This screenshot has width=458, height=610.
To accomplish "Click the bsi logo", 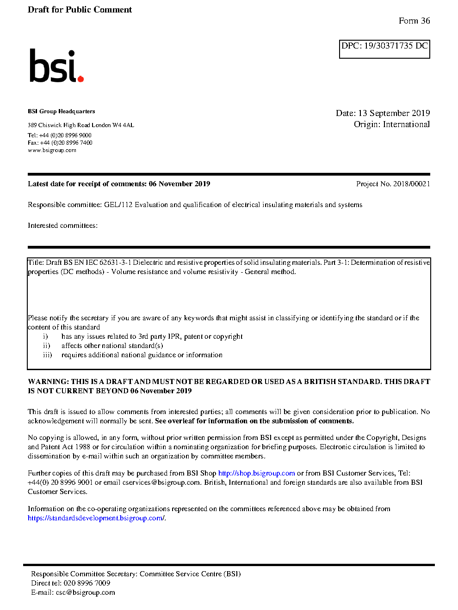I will pos(56,66).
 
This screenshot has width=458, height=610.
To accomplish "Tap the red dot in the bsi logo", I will pos(80,79).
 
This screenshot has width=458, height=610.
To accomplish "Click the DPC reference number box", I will pos(384,49).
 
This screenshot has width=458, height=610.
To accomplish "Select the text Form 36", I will pos(414,21).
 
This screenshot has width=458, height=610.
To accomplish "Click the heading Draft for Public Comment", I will pos(80,10).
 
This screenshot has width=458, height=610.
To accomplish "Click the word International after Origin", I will pos(406,124).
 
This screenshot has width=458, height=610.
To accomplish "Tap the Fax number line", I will pos(60,143).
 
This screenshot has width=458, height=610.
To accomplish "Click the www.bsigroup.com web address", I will pos(52,150).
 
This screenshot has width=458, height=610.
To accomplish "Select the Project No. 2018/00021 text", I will pos(393,184).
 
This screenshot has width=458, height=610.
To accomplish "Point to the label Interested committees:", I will pos(62,226).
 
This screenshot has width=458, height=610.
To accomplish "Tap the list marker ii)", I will pos(46,346).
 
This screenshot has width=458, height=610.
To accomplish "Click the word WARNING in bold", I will pos(48,382).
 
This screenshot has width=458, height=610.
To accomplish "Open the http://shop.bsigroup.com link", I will pos(256,473).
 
